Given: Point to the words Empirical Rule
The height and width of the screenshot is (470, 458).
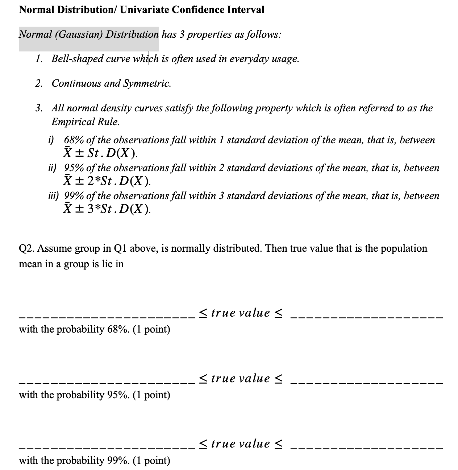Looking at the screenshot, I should click(85, 122).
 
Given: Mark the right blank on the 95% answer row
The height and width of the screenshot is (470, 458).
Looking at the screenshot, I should click(367, 383).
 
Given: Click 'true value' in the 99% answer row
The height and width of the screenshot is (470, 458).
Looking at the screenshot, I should click(240, 444).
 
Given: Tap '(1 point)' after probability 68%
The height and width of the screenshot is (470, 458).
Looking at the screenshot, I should click(151, 329).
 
